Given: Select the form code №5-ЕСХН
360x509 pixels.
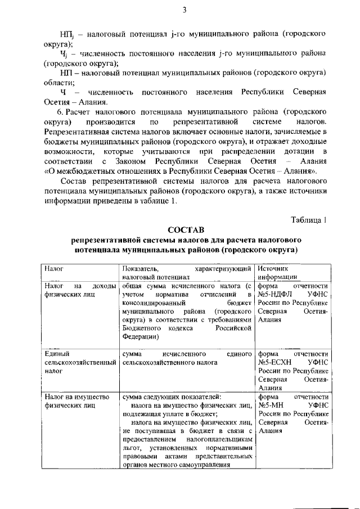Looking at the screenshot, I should point(277,362).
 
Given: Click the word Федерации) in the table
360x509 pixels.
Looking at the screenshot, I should point(141,336).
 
